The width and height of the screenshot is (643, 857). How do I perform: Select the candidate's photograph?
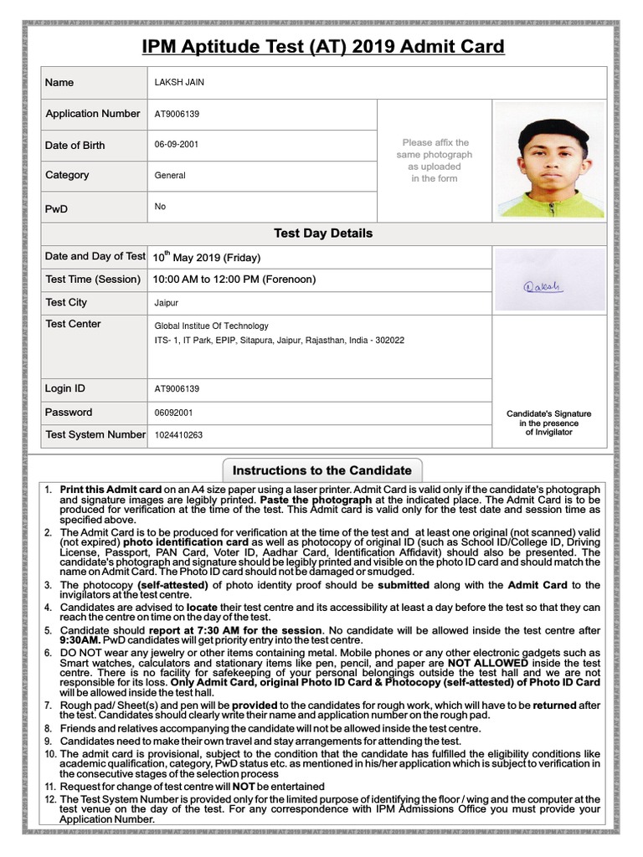click(x=549, y=162)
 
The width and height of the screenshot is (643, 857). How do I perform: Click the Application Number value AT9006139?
click(x=177, y=114)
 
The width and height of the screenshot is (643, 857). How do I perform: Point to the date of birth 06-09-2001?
click(x=177, y=145)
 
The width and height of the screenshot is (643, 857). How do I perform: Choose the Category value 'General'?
click(x=170, y=176)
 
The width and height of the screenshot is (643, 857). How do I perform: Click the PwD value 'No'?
click(x=160, y=206)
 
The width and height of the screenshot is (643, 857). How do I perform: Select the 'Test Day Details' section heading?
click(x=323, y=233)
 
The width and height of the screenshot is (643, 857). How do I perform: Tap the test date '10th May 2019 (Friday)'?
click(x=206, y=257)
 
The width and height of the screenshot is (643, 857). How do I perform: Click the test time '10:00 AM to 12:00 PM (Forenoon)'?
click(x=234, y=280)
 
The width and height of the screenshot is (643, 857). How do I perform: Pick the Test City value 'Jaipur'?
click(x=167, y=303)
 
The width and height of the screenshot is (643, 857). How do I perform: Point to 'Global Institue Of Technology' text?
click(x=212, y=326)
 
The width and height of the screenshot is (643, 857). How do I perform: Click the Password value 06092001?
click(x=173, y=413)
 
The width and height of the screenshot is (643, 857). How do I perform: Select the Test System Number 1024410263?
click(x=178, y=435)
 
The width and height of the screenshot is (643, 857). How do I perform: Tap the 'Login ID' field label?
click(x=65, y=389)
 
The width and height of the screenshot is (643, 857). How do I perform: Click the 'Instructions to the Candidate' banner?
click(x=322, y=470)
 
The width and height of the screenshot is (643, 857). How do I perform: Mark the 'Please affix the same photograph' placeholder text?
click(x=435, y=161)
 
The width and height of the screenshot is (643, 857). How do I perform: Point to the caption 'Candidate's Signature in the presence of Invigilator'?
click(x=548, y=423)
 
